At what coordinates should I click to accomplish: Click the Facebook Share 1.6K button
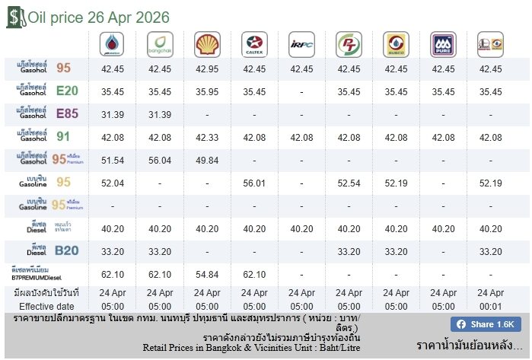(x=485, y=324)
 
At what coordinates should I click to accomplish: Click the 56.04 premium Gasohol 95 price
(x=160, y=161)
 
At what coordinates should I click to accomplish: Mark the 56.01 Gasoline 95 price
(x=254, y=183)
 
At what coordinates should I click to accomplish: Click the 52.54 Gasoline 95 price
(x=349, y=183)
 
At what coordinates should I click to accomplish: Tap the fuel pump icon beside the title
(x=14, y=18)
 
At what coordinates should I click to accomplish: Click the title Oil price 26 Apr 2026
(x=99, y=18)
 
